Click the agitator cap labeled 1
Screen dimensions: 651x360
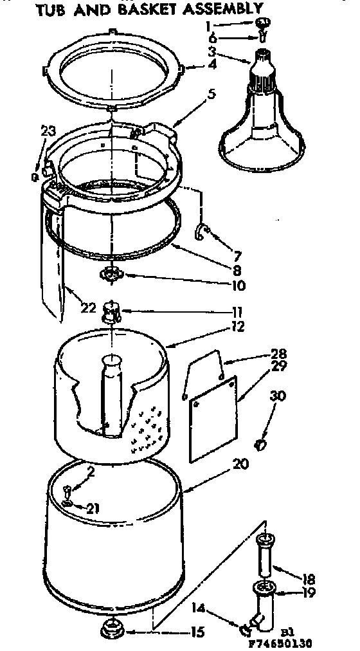(x=262, y=23)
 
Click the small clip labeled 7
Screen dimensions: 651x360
(x=201, y=231)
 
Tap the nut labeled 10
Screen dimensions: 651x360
(x=111, y=275)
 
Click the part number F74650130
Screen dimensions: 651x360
(x=306, y=643)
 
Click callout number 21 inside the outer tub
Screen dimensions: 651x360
(x=93, y=509)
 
